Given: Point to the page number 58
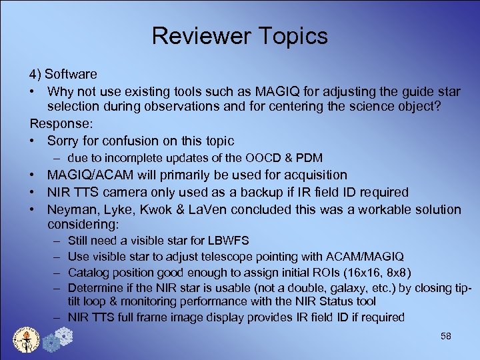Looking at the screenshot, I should (x=446, y=337).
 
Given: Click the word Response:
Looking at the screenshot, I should (x=59, y=124).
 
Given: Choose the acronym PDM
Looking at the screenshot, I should (x=308, y=158).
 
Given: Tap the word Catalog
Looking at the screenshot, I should (x=89, y=272).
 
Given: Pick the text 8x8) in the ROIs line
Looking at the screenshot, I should (x=397, y=272).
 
